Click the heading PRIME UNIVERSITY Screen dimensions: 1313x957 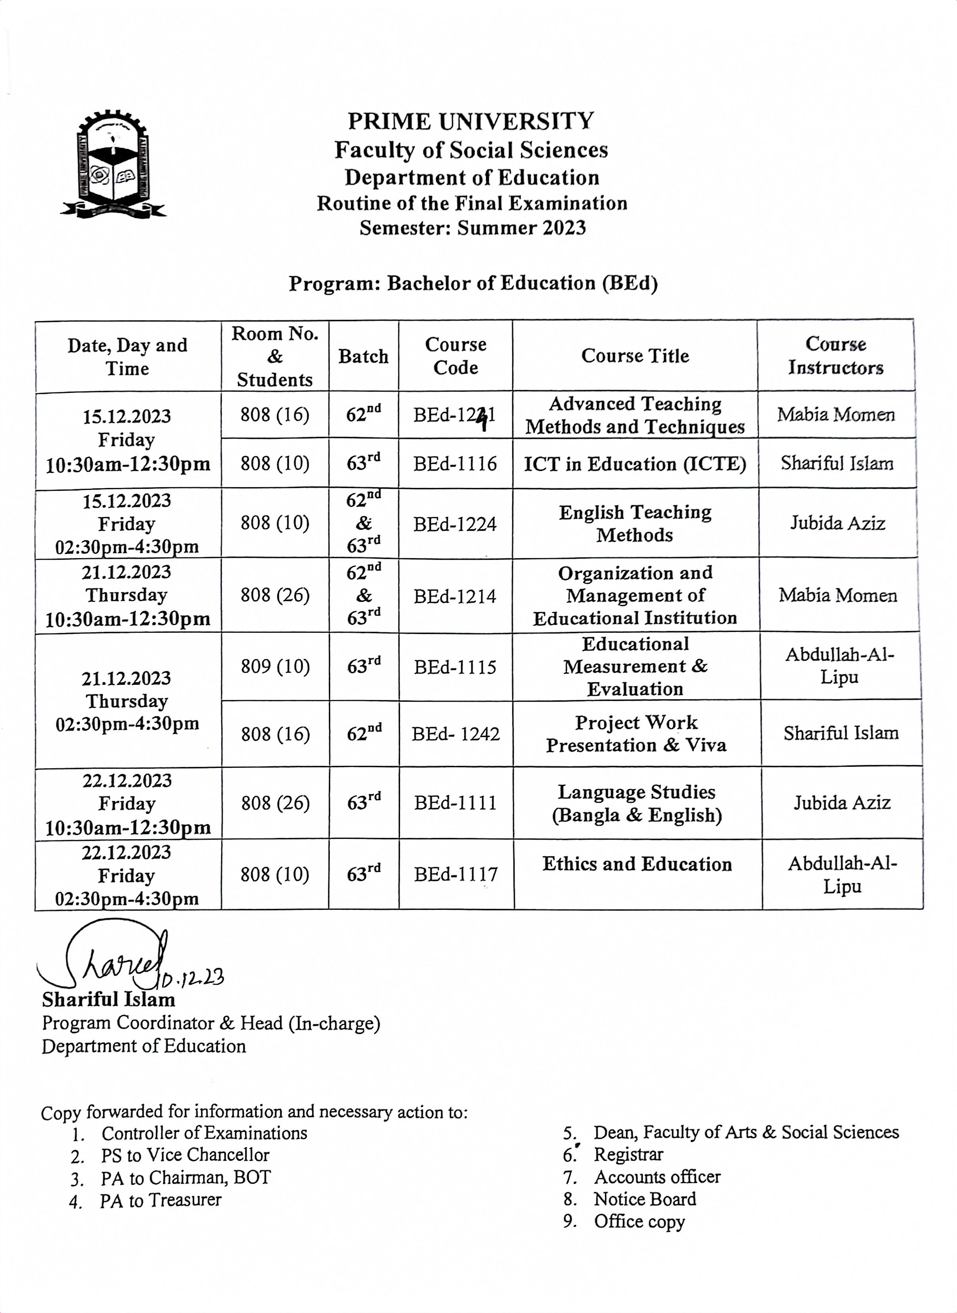click(471, 122)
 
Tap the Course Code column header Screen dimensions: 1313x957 click(455, 356)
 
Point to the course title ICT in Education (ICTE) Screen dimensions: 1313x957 click(635, 464)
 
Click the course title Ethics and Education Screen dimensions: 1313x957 click(637, 864)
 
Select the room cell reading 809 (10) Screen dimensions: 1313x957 click(275, 667)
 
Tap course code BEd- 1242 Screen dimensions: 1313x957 click(455, 734)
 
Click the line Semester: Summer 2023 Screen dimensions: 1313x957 click(472, 228)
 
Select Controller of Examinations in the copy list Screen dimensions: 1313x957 click(204, 1133)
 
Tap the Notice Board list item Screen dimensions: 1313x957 click(645, 1199)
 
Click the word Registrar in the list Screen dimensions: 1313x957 click(628, 1154)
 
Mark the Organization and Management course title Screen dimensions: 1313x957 click(635, 595)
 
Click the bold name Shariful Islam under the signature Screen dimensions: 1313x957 click(108, 1000)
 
